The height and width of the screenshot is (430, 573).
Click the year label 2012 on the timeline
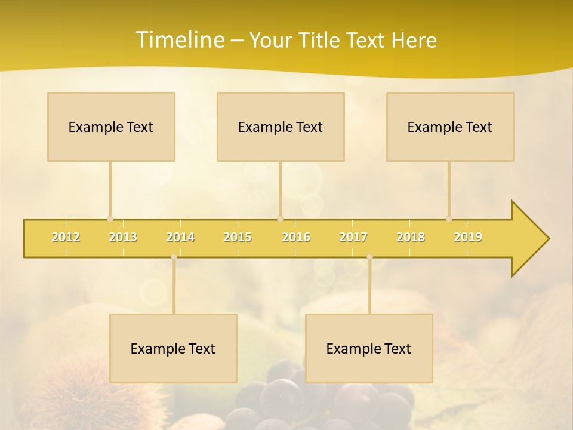66,237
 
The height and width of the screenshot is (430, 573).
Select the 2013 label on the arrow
123,237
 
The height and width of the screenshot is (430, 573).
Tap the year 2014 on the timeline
180,237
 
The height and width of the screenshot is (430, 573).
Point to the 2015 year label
238,237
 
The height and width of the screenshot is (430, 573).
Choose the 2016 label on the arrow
296,237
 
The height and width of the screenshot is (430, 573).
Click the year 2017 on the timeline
353,237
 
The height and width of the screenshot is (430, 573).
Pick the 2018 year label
411,237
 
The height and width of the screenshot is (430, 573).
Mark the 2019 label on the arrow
468,237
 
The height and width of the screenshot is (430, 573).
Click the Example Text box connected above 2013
111,127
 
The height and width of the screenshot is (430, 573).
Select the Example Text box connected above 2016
281,127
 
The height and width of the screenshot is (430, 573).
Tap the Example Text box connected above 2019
450,127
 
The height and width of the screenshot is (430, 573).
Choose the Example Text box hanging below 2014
173,348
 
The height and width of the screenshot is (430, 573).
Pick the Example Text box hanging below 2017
369,348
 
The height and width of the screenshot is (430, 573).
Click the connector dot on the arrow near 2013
110,219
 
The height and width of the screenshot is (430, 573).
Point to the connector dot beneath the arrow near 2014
174,257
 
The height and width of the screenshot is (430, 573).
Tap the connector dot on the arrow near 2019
449,219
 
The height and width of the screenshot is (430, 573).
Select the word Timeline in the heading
179,40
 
